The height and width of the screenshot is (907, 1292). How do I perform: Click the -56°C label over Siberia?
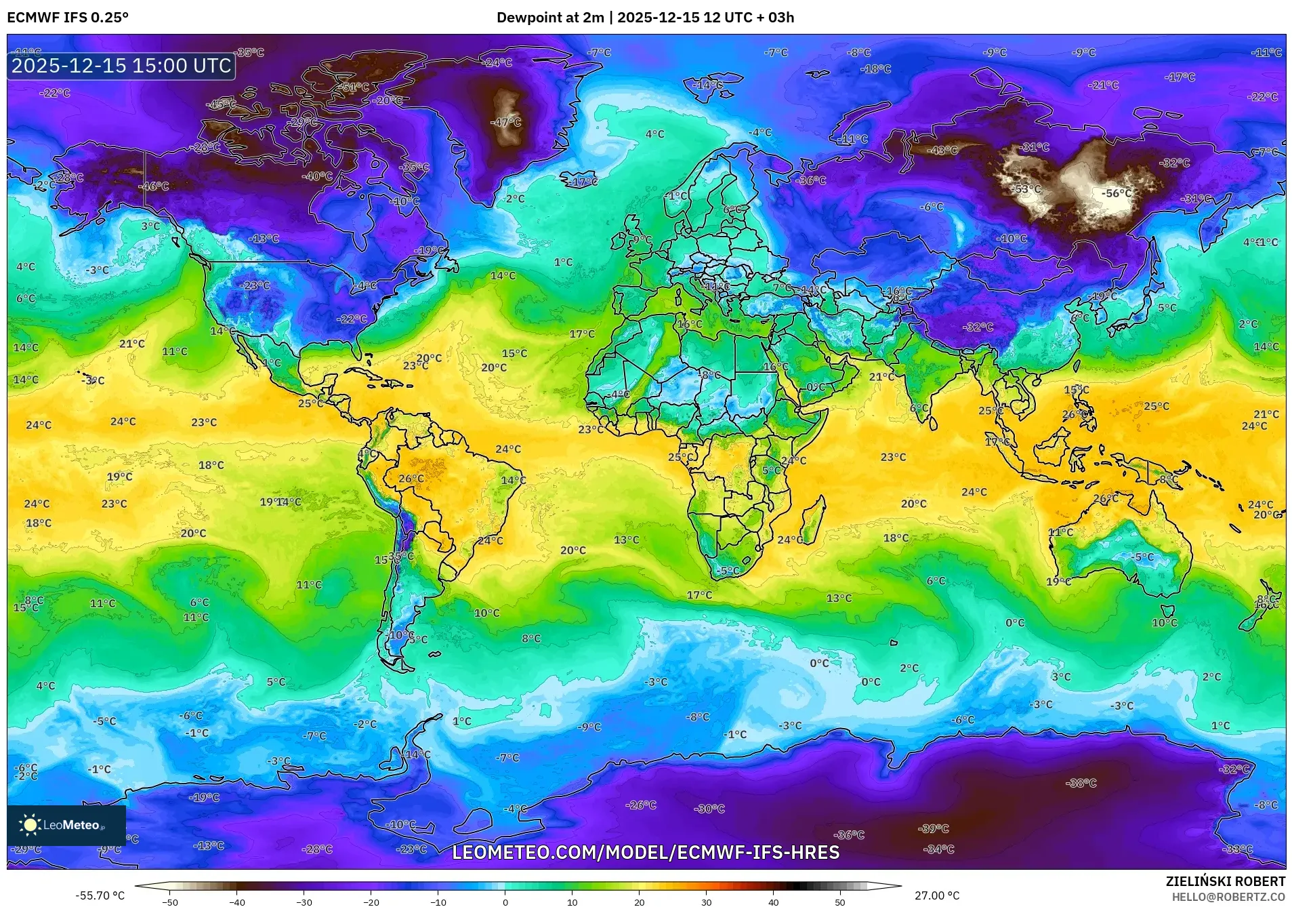tap(1116, 193)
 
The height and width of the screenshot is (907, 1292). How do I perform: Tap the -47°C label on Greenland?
tap(505, 122)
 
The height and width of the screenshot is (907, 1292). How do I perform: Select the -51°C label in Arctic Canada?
tap(354, 87)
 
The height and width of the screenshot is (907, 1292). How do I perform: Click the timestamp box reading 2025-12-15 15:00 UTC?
tap(121, 66)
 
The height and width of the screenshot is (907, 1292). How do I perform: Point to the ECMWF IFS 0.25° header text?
tap(68, 18)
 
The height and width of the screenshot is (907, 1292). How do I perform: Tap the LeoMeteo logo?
tap(66, 825)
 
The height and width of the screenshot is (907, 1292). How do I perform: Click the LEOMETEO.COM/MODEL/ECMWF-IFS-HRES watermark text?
tap(645, 852)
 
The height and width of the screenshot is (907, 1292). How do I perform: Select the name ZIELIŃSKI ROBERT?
tap(1225, 881)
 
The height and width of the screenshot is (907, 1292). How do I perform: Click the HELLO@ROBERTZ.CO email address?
tap(1228, 896)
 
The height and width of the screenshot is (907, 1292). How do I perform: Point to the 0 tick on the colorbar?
tap(505, 902)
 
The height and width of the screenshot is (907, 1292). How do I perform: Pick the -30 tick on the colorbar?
tap(304, 902)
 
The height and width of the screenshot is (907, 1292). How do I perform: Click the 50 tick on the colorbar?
tap(839, 902)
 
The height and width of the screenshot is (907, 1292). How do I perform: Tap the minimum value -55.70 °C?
tap(100, 895)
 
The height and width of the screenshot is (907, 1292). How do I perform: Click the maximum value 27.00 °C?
tap(937, 895)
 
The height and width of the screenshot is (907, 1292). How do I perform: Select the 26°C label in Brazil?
tap(411, 479)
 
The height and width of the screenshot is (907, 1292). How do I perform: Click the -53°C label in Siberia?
tap(1027, 189)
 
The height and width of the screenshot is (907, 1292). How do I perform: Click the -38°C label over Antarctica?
tap(1081, 783)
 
